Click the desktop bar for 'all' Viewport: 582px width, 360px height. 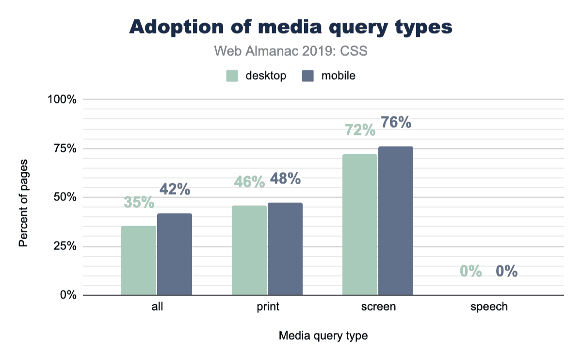pyautogui.click(x=139, y=261)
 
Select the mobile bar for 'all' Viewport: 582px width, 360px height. pyautogui.click(x=174, y=254)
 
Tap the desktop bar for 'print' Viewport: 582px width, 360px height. pyautogui.click(x=249, y=250)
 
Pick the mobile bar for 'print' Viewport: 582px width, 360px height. pyautogui.click(x=285, y=249)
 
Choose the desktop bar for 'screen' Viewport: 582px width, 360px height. pyautogui.click(x=360, y=225)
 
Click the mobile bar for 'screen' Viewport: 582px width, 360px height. pyautogui.click(x=395, y=221)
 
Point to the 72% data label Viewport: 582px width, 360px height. pyautogui.click(x=360, y=130)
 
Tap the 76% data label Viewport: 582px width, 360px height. pyautogui.click(x=396, y=122)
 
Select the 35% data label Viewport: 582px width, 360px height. pyautogui.click(x=139, y=202)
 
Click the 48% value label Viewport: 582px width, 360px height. pyautogui.click(x=285, y=179)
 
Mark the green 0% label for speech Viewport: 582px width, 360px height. pyautogui.click(x=470, y=271)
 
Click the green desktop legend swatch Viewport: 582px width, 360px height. pyautogui.click(x=232, y=76)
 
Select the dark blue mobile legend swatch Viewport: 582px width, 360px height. pyautogui.click(x=307, y=76)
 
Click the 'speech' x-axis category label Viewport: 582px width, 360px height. pyautogui.click(x=489, y=307)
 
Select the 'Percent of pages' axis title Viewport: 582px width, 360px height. pyautogui.click(x=23, y=202)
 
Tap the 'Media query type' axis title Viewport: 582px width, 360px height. pyautogui.click(x=323, y=336)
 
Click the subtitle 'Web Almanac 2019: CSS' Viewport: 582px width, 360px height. pyautogui.click(x=291, y=51)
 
